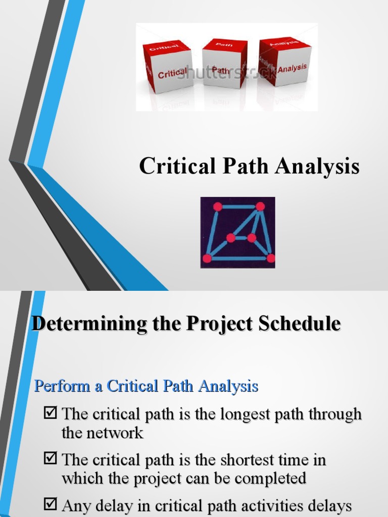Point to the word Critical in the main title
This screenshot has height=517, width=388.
click(x=174, y=166)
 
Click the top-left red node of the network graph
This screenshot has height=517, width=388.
click(x=217, y=206)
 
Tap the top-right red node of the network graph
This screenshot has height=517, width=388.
click(x=260, y=206)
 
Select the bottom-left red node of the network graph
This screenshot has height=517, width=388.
click(x=207, y=258)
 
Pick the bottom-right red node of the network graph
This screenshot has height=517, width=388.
click(x=271, y=258)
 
